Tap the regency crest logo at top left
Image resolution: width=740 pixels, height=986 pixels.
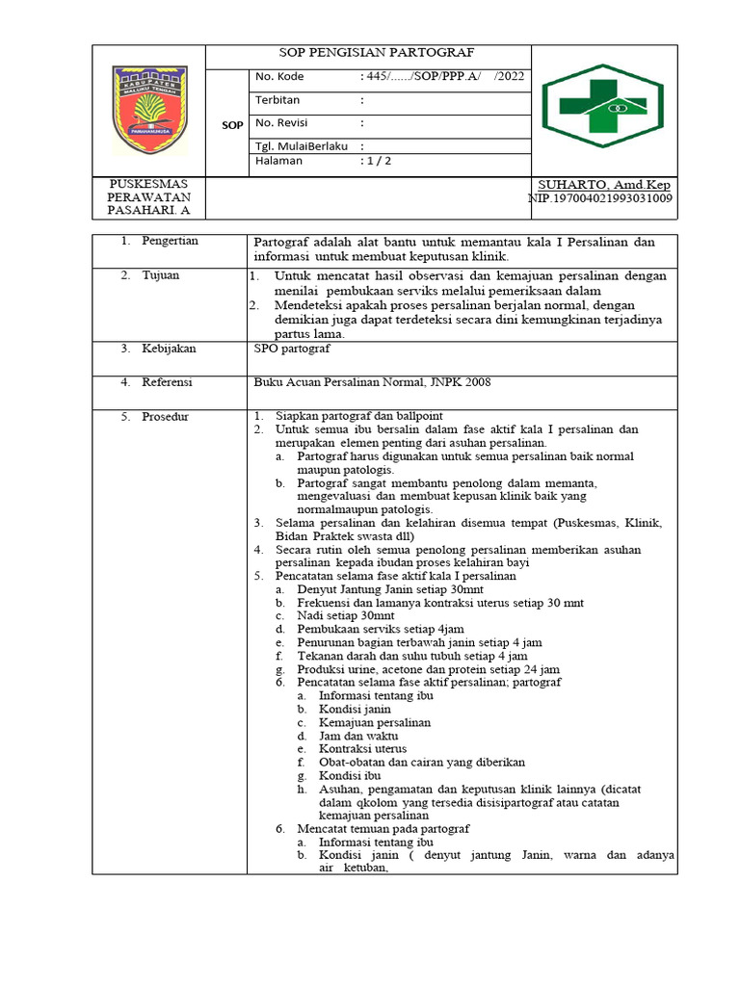(148, 109)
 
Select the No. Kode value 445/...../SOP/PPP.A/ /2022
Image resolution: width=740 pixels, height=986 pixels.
(442, 76)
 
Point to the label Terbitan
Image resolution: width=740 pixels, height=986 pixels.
(277, 99)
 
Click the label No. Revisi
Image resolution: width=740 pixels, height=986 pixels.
(281, 122)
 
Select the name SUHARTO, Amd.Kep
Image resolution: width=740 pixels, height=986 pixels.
(604, 185)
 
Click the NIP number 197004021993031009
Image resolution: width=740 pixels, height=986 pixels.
(600, 198)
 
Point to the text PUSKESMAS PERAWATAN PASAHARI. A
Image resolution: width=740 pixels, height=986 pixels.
(148, 197)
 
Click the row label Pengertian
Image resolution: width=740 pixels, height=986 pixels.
(170, 241)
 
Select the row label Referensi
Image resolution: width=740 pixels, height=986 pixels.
(168, 382)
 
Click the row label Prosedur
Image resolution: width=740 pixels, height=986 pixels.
(166, 417)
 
